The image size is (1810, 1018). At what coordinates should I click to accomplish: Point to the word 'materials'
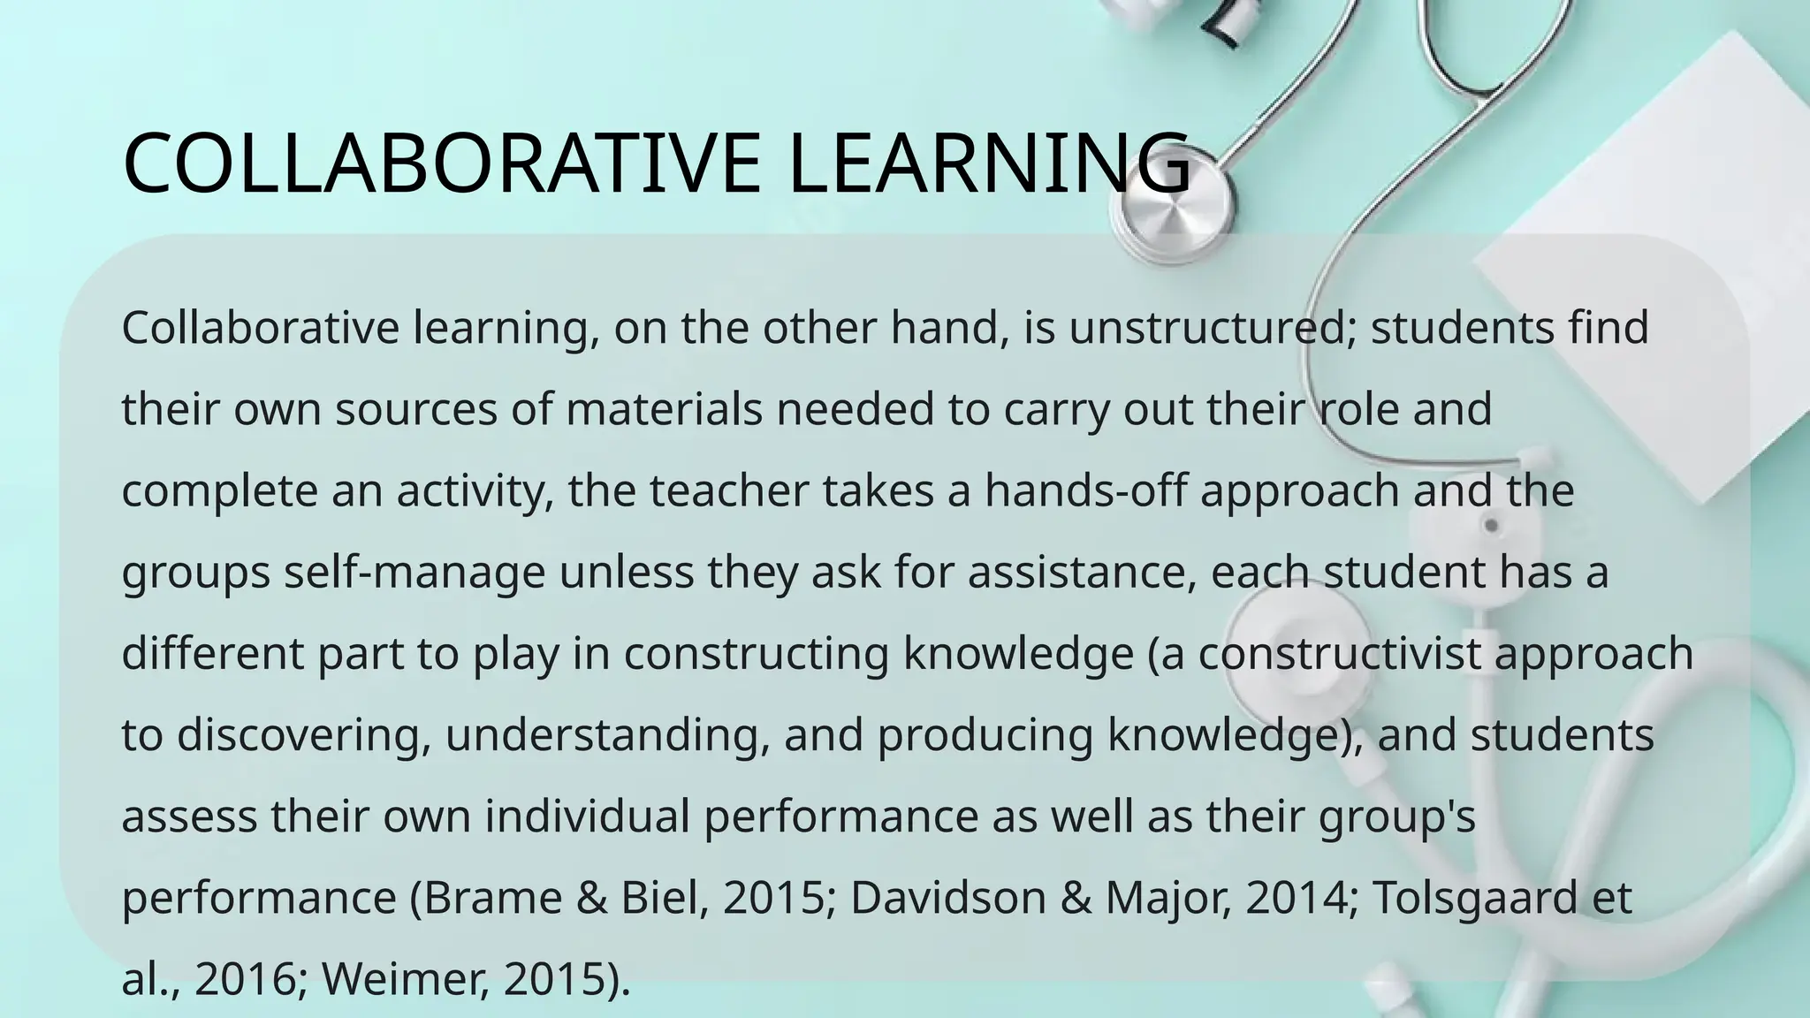click(x=664, y=410)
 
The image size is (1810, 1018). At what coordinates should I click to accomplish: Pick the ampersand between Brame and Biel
click(x=591, y=898)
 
